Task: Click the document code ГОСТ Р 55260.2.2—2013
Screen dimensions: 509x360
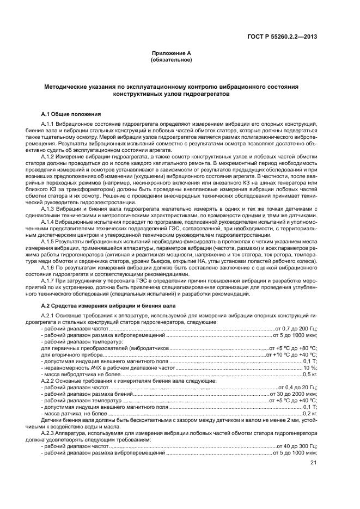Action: tap(284, 37)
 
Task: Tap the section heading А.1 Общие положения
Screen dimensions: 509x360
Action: tap(71, 114)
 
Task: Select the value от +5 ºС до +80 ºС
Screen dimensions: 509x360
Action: tap(293, 348)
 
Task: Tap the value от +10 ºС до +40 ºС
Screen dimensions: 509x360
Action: tap(291, 355)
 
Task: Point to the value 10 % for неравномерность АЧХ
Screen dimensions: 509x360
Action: tap(310, 368)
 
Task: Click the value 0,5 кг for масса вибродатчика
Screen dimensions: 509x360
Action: tap(310, 375)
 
